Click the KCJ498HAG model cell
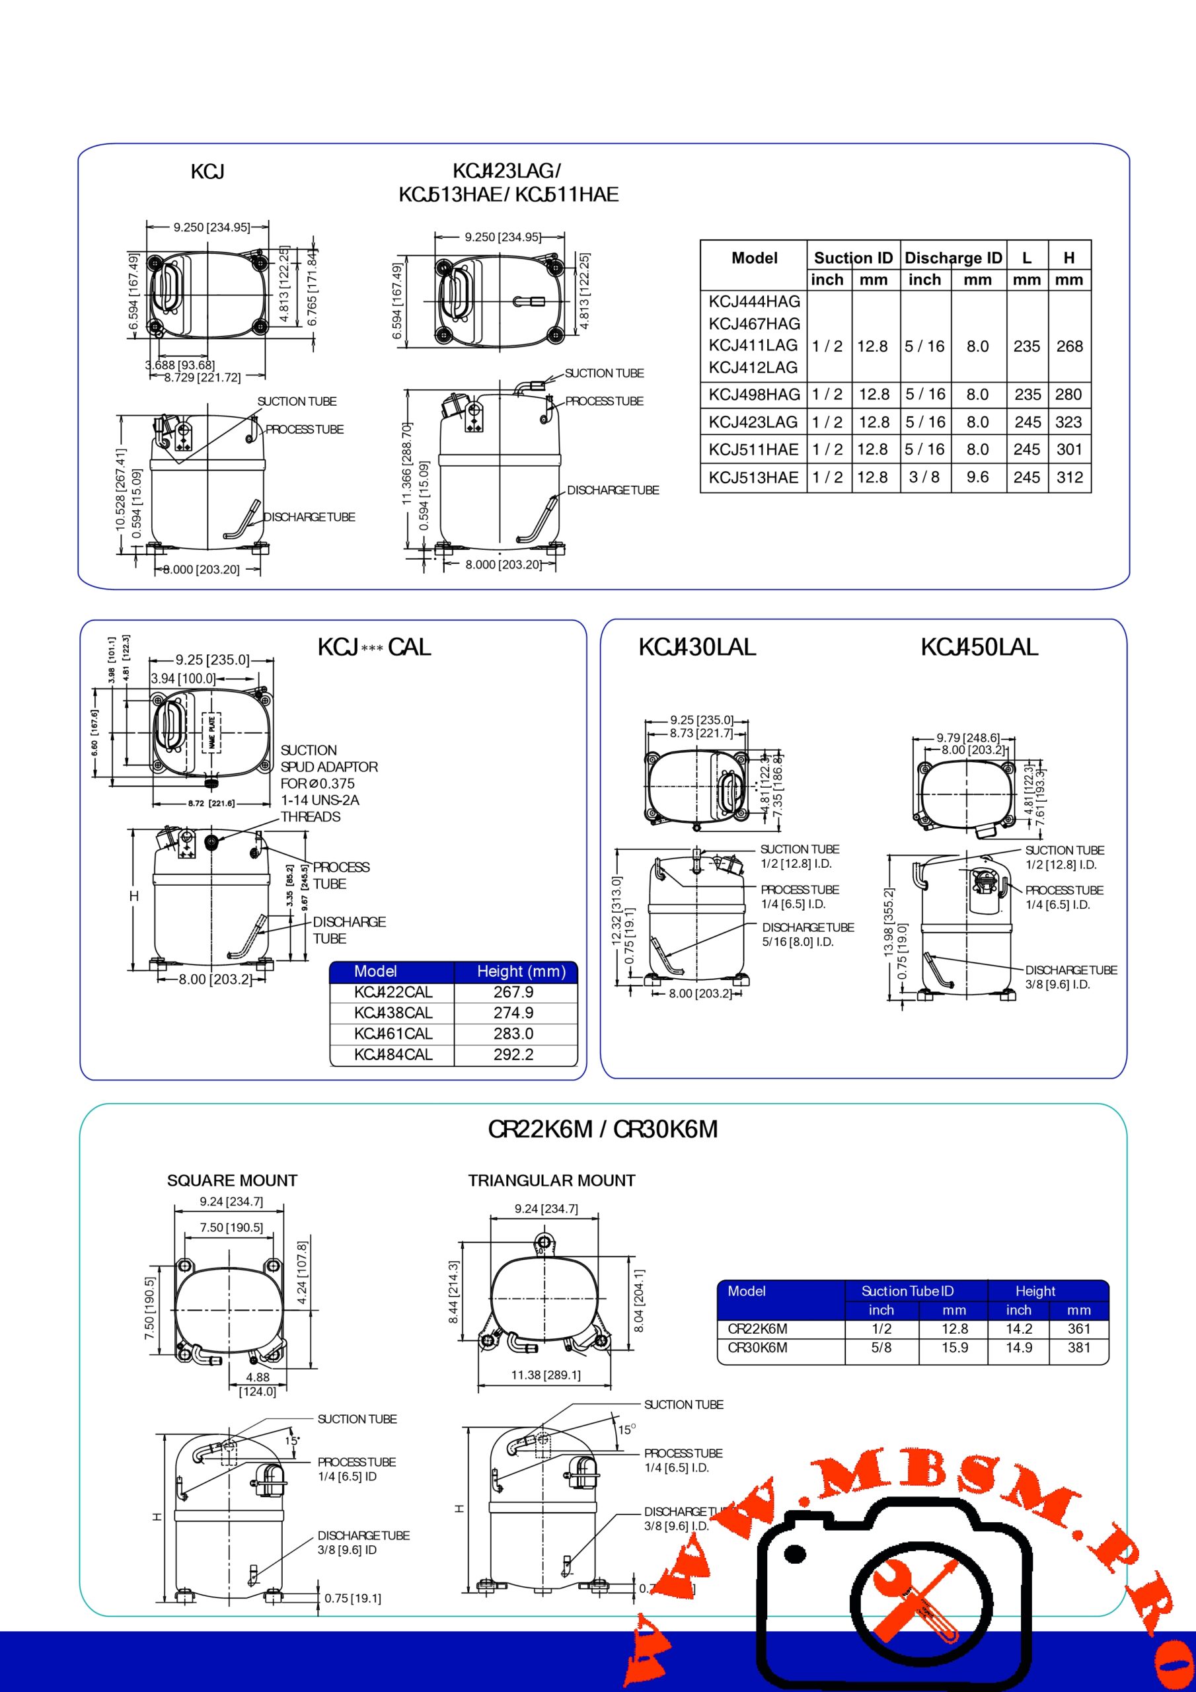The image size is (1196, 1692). [x=754, y=395]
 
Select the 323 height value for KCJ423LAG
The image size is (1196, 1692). [x=1068, y=422]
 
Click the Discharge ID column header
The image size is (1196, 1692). [x=953, y=258]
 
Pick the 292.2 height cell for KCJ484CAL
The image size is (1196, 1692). [x=513, y=1055]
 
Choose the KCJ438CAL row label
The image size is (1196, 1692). [x=392, y=1013]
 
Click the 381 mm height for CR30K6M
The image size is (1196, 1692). [x=1078, y=1347]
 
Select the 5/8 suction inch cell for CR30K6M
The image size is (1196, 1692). [x=881, y=1347]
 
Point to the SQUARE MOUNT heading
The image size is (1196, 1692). [x=232, y=1180]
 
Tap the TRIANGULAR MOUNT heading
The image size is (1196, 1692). [x=551, y=1180]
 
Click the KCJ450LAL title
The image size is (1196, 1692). [x=979, y=648]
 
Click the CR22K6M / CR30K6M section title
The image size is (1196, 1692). [x=602, y=1130]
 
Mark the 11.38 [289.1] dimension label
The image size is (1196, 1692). [x=545, y=1375]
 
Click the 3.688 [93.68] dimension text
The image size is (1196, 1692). [x=180, y=365]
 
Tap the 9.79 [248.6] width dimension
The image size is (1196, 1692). [x=967, y=738]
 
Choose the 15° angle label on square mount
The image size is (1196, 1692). [x=292, y=1441]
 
